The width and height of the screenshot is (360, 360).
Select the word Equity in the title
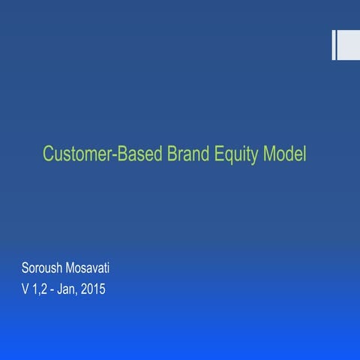tap(238, 156)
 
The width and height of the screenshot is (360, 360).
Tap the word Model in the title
tap(285, 155)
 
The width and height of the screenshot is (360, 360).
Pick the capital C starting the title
tap(48, 155)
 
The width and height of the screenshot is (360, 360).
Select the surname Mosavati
tap(99, 267)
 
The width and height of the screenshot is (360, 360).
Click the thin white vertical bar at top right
tap(334, 45)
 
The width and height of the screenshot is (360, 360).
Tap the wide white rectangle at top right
tap(349, 45)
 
